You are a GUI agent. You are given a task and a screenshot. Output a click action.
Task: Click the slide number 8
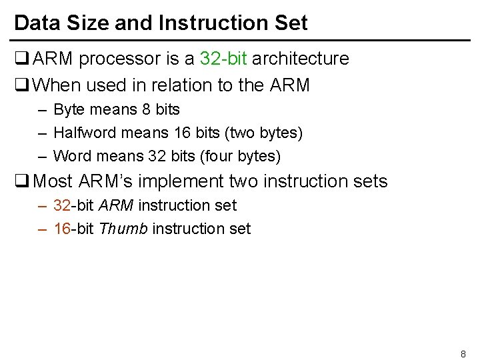463,353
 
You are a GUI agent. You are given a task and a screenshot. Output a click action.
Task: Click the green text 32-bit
224,59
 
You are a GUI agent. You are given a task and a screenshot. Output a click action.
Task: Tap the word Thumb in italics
123,229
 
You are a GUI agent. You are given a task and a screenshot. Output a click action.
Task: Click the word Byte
69,109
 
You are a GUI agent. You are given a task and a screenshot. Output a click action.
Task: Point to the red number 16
61,229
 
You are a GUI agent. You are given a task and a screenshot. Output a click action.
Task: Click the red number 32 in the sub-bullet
61,205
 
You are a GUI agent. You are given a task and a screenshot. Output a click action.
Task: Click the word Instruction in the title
207,23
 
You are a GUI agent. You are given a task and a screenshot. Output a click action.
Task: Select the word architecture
301,59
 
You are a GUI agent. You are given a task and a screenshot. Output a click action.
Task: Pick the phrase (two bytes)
265,133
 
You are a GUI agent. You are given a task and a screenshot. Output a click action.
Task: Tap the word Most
53,181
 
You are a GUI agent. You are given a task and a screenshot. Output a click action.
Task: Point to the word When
55,85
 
